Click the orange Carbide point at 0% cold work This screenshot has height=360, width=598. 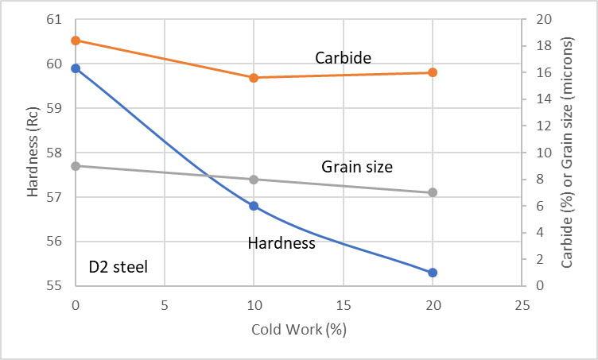[76, 41]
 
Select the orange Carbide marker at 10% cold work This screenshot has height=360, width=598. [254, 78]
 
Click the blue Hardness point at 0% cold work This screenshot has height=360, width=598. [76, 68]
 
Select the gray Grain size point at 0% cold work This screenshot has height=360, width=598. [76, 166]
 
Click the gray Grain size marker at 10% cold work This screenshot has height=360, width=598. [254, 180]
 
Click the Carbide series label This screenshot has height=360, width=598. [343, 57]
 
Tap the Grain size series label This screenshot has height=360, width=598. [357, 167]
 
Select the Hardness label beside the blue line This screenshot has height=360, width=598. [282, 243]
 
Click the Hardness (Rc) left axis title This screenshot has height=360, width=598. [33, 152]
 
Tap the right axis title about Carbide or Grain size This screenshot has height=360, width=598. [566, 152]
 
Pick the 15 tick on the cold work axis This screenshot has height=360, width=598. [343, 305]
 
